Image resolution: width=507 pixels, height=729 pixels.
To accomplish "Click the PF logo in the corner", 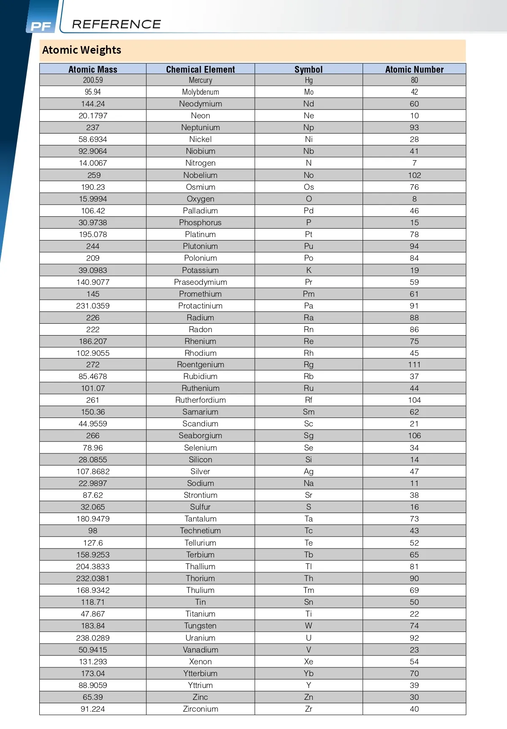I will [x=41, y=27].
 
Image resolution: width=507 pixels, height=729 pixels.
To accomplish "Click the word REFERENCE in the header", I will [x=117, y=25].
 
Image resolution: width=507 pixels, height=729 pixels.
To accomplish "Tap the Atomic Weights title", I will [x=82, y=50].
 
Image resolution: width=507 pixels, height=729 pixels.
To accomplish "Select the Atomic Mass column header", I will [x=93, y=69].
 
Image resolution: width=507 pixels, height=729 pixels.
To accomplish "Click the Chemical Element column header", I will [x=200, y=69].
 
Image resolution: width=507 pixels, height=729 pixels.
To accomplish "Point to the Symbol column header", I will [x=308, y=69].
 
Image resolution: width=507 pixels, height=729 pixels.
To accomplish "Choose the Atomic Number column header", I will [x=414, y=69].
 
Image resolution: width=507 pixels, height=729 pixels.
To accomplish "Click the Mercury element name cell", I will [x=200, y=80].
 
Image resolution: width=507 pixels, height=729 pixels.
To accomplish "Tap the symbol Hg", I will [x=309, y=80].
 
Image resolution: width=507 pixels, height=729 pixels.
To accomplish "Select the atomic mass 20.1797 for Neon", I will [x=93, y=116].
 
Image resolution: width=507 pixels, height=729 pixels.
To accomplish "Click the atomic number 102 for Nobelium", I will [x=414, y=175].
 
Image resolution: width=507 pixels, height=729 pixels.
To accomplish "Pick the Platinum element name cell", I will [x=200, y=235].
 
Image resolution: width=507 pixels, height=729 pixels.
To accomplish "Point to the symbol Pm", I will [x=309, y=294].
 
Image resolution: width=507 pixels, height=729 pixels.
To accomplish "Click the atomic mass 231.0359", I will [x=93, y=306].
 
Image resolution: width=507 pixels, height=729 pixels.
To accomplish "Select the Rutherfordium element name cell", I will [x=200, y=400].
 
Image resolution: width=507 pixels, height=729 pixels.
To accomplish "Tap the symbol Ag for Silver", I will [x=309, y=472].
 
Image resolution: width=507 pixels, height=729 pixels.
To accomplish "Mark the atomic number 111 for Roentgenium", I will [x=414, y=365].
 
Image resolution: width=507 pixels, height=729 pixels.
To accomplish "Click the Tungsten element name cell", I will [x=200, y=626].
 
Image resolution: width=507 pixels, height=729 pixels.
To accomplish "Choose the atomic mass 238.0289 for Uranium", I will [x=93, y=638].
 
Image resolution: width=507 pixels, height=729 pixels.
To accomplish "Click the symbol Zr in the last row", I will [x=309, y=709].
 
